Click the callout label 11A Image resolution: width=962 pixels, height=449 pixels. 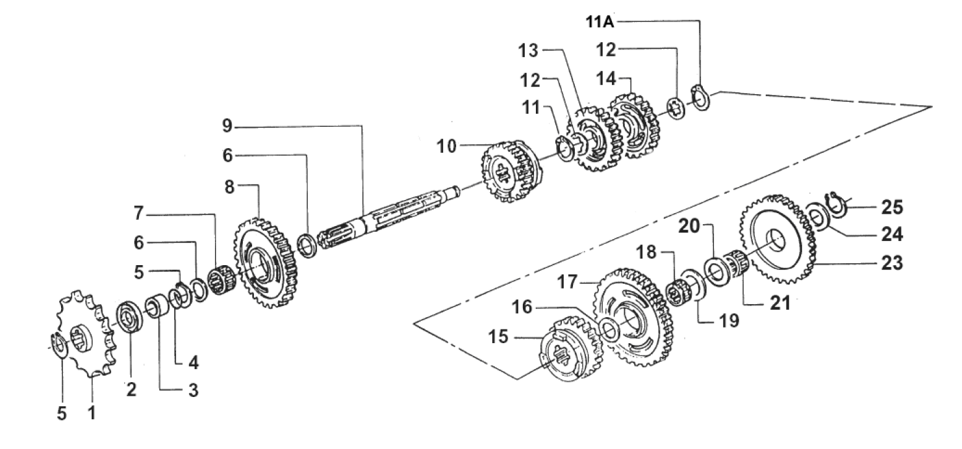coord(600,21)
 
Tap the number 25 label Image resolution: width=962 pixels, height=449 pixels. coord(892,207)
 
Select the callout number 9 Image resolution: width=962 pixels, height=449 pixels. coord(227,126)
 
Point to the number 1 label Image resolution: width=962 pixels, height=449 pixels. coord(92,413)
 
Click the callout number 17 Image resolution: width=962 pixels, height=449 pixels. coord(567,282)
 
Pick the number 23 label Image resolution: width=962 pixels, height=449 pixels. coord(892,263)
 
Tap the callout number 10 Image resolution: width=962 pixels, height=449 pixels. coord(446,146)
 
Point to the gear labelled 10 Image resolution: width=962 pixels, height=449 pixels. coord(511,171)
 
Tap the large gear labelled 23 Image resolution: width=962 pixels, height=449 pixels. coord(778,239)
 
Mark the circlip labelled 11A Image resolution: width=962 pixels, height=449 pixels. coord(701,99)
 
